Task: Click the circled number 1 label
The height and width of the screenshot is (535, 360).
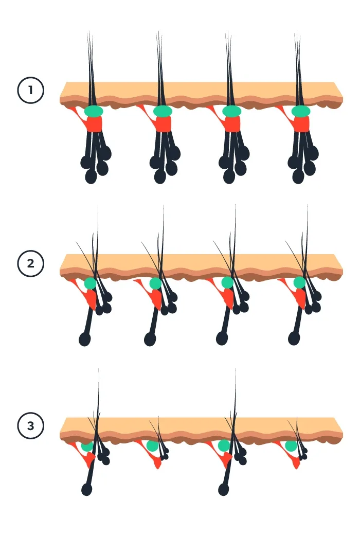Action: pyautogui.click(x=31, y=91)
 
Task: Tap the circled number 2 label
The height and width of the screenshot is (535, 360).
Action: pyautogui.click(x=31, y=263)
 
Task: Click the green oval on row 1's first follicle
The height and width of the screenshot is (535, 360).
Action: pyautogui.click(x=94, y=111)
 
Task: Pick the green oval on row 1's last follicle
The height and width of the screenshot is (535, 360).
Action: pyautogui.click(x=301, y=111)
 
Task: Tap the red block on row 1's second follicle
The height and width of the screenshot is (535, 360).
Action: pyautogui.click(x=163, y=124)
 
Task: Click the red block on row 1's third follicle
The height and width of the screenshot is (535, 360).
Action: pyautogui.click(x=232, y=124)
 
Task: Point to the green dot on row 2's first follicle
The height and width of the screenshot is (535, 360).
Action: pyautogui.click(x=91, y=283)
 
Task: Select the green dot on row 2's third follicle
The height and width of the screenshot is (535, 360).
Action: pyautogui.click(x=228, y=283)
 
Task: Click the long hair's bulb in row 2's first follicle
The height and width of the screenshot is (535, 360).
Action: pyautogui.click(x=85, y=338)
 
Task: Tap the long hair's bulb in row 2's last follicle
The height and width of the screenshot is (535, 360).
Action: pyautogui.click(x=294, y=338)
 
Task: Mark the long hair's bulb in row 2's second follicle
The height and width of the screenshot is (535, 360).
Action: pyautogui.click(x=150, y=338)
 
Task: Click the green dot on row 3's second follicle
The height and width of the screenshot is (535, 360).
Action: pyautogui.click(x=152, y=445)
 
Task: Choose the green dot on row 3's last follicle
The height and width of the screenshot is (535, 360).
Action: pyautogui.click(x=291, y=445)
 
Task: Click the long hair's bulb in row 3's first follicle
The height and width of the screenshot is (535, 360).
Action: pyautogui.click(x=87, y=489)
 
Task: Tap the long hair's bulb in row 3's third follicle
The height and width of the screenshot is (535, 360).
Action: pyautogui.click(x=224, y=489)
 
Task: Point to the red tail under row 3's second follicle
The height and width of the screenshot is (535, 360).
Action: pyautogui.click(x=157, y=463)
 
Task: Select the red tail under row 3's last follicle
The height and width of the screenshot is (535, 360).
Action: pyautogui.click(x=296, y=463)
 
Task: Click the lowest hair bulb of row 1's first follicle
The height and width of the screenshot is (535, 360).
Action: pyautogui.click(x=91, y=176)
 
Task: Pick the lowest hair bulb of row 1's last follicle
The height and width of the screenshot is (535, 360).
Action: pyautogui.click(x=298, y=176)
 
